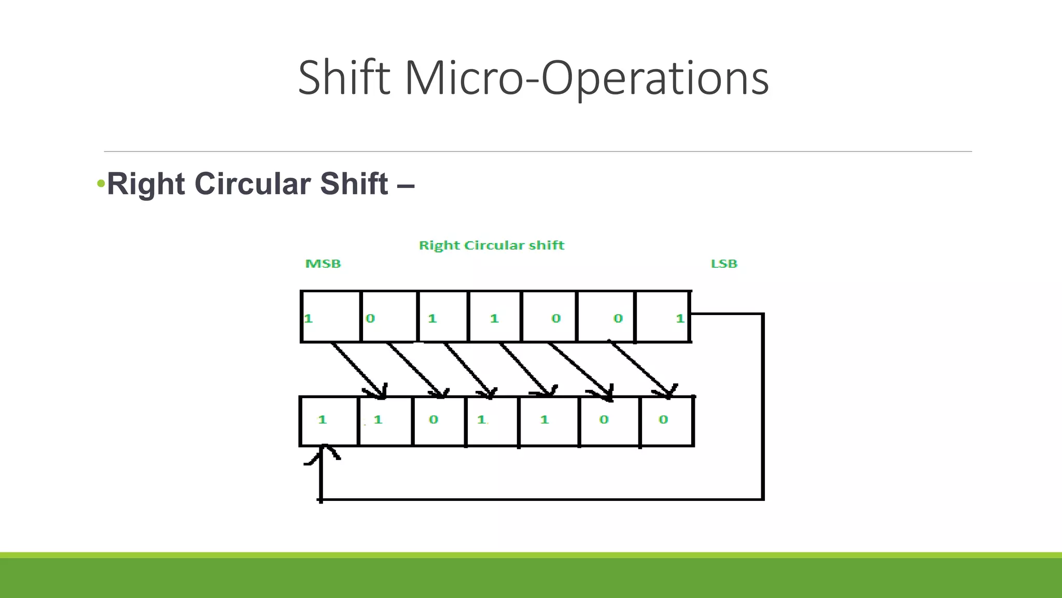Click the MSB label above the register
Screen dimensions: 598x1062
click(323, 264)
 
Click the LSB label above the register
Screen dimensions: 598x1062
click(724, 264)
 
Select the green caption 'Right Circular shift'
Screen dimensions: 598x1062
click(492, 245)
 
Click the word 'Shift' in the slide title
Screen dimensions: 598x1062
click(344, 78)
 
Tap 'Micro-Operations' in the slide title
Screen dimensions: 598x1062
click(586, 78)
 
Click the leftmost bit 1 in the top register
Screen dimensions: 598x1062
click(309, 318)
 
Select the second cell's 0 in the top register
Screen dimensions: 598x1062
click(370, 318)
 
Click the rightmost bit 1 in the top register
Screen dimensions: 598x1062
click(680, 318)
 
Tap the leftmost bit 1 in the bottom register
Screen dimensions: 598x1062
click(323, 419)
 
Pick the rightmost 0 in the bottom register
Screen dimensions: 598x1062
click(663, 419)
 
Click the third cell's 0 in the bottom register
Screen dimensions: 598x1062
click(434, 419)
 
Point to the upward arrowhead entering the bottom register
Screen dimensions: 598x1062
click(323, 451)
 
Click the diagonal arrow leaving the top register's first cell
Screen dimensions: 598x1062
click(358, 370)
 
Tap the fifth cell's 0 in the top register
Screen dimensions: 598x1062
click(556, 318)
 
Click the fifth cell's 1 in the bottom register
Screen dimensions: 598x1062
click(544, 419)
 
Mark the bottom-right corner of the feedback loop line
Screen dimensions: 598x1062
click(763, 499)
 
